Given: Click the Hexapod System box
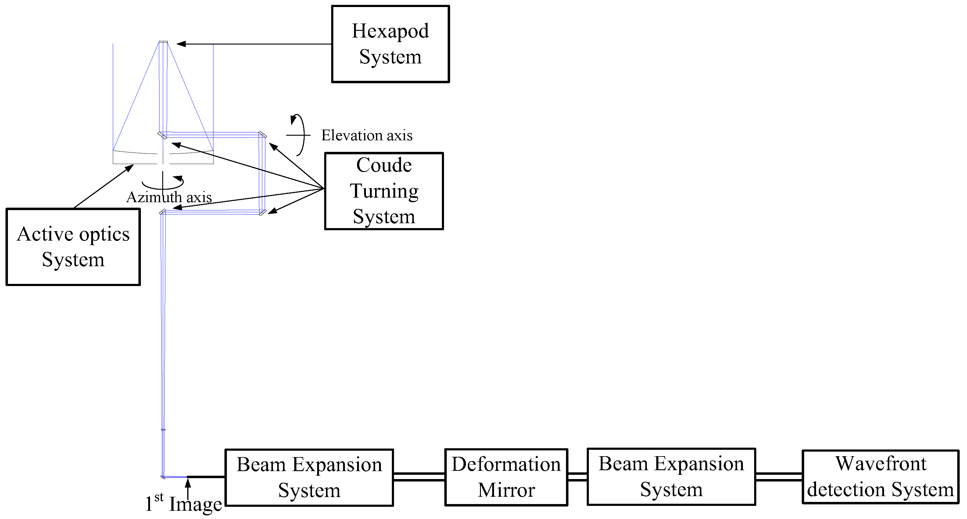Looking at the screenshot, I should point(390,44).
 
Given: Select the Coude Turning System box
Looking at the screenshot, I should point(384,191).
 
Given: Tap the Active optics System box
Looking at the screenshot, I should point(73,247).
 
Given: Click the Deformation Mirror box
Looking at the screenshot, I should point(506,477).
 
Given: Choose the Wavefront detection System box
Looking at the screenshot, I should point(880,477).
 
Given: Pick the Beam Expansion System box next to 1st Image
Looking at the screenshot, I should point(309,477).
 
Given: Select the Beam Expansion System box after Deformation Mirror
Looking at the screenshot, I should point(671,477).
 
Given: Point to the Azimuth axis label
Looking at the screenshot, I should point(169,197).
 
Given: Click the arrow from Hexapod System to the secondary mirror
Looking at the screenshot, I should point(254,44).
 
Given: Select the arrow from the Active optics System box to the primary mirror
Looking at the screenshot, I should point(103,186).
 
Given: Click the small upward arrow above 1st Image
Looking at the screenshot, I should point(188,488).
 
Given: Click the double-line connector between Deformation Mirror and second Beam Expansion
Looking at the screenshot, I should point(577,477).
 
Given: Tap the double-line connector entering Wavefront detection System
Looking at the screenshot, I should point(779,477).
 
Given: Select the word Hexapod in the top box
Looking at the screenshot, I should point(390,31).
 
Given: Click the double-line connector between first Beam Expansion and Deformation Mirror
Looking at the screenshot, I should point(419,477).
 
